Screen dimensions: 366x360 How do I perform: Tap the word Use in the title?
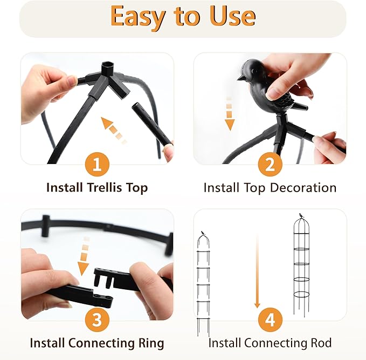point(232,16)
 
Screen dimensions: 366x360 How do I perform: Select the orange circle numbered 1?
point(97,164)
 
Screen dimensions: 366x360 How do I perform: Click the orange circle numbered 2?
point(270,164)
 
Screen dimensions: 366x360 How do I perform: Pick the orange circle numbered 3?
point(97,320)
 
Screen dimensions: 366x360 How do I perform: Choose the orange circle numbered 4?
point(270,320)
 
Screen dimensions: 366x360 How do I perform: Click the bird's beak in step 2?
point(240,78)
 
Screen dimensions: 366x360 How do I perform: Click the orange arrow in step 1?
point(114,130)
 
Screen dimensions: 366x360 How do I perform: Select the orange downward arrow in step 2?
point(230,113)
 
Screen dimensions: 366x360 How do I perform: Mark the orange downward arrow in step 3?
point(84,256)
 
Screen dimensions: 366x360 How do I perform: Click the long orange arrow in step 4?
point(257,271)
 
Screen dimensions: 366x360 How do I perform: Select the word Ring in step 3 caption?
point(151,343)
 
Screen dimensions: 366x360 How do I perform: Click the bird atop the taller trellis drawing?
point(301,215)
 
